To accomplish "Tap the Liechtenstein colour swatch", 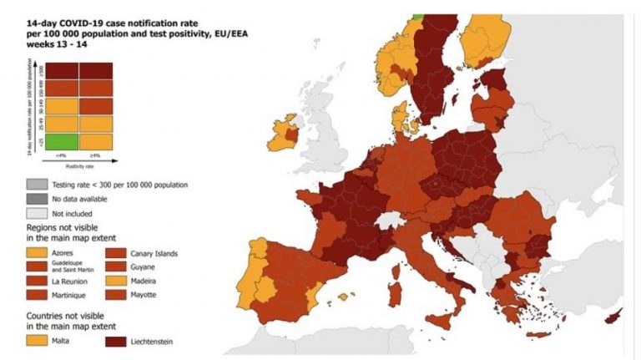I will (x=117, y=341).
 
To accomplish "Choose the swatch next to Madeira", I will (x=117, y=281).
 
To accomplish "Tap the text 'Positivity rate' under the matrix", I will (x=79, y=166).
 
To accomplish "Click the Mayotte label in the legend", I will (x=148, y=295).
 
